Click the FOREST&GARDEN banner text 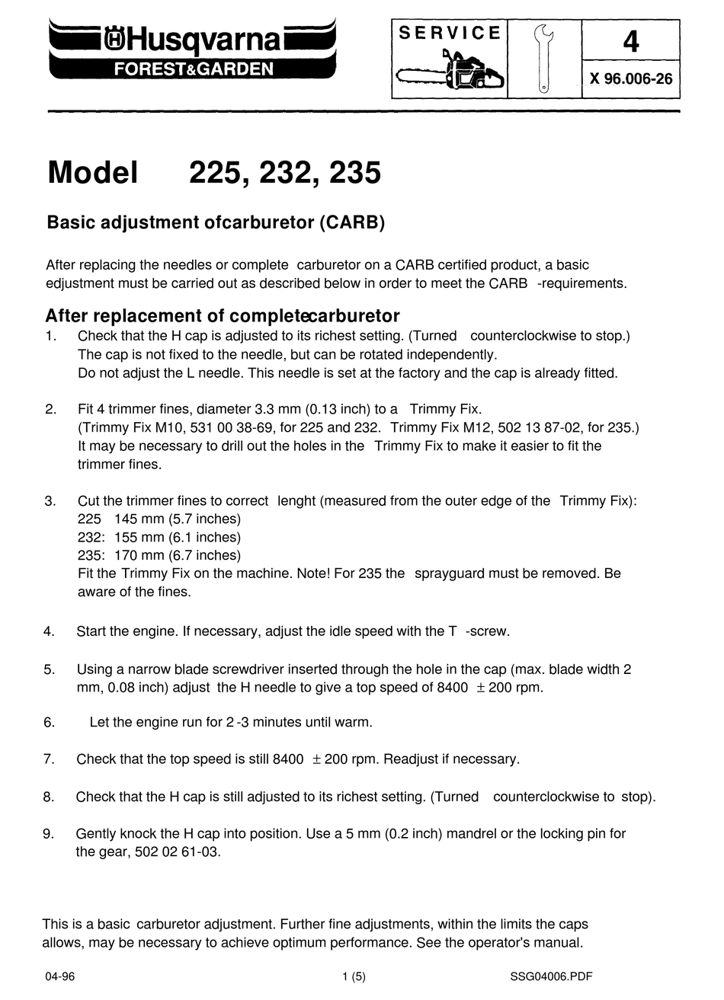(x=193, y=69)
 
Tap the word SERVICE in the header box (x=450, y=33)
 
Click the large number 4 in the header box (x=630, y=41)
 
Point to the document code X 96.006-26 (x=630, y=78)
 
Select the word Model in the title (x=93, y=173)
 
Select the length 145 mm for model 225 (x=133, y=519)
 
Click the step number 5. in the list (x=50, y=670)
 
